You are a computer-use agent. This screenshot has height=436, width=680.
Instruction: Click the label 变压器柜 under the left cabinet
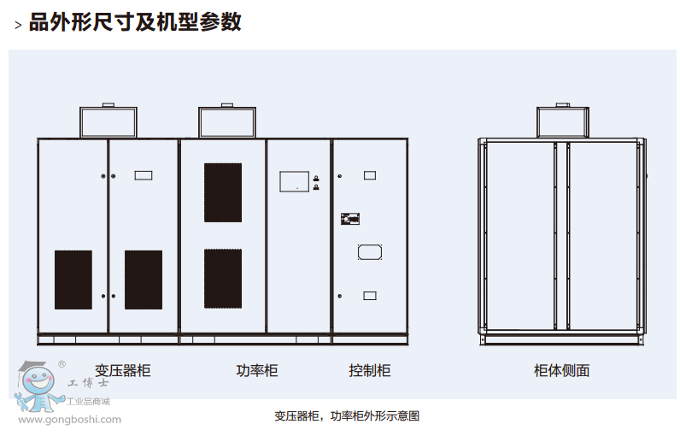point(122,370)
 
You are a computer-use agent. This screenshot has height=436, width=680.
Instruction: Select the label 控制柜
point(369,370)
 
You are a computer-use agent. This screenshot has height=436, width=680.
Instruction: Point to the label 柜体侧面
point(561,370)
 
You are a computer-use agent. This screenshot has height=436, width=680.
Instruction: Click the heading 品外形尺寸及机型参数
point(135,22)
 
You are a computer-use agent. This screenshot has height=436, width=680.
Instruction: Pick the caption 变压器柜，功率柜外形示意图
point(347,416)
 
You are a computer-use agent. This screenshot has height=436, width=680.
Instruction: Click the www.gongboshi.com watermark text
point(69,420)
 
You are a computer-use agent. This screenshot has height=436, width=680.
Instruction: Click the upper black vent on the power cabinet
point(223,191)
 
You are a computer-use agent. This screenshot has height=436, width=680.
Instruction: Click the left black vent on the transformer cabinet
point(73,280)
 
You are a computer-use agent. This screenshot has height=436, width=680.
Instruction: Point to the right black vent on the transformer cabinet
point(144,280)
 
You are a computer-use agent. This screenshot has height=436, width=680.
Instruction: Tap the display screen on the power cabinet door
point(295,180)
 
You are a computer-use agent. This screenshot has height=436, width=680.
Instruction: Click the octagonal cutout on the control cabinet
point(369,252)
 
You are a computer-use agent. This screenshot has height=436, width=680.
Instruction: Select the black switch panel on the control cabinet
point(350,219)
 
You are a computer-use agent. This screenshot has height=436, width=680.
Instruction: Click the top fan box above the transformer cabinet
point(108,121)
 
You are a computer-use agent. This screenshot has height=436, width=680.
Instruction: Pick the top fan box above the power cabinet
point(226,121)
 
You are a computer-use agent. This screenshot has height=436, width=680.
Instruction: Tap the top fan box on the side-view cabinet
point(562,121)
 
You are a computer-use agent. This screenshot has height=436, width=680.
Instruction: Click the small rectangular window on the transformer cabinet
point(144,175)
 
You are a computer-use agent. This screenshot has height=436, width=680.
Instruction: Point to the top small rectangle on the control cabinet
point(370,175)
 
